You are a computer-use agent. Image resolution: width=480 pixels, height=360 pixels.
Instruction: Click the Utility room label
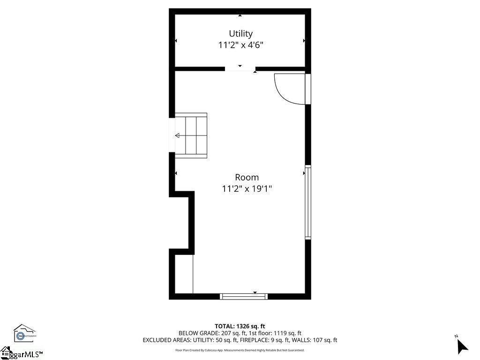tap(240, 34)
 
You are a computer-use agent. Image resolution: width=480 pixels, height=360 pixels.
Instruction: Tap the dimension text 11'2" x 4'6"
tap(240, 45)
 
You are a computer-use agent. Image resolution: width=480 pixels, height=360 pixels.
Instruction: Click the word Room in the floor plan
tap(247, 177)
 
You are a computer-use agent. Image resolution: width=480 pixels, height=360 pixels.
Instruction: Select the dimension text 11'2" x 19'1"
tap(247, 189)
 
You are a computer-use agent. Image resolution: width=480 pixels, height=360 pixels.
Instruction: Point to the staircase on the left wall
tap(191, 135)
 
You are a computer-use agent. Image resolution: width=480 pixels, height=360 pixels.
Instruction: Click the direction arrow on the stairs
tap(178, 136)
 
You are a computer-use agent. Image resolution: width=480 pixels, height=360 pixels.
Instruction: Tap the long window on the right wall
tap(308, 202)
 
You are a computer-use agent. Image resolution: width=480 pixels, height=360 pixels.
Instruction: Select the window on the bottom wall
tap(244, 296)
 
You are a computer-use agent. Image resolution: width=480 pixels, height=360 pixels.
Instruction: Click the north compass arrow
tap(462, 345)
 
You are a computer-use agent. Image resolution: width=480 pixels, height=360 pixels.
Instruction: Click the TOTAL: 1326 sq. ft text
tap(240, 326)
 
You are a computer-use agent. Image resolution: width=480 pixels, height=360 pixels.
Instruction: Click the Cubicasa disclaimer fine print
tap(240, 350)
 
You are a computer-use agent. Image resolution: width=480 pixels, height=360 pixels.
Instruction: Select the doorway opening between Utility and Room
tap(240, 69)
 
